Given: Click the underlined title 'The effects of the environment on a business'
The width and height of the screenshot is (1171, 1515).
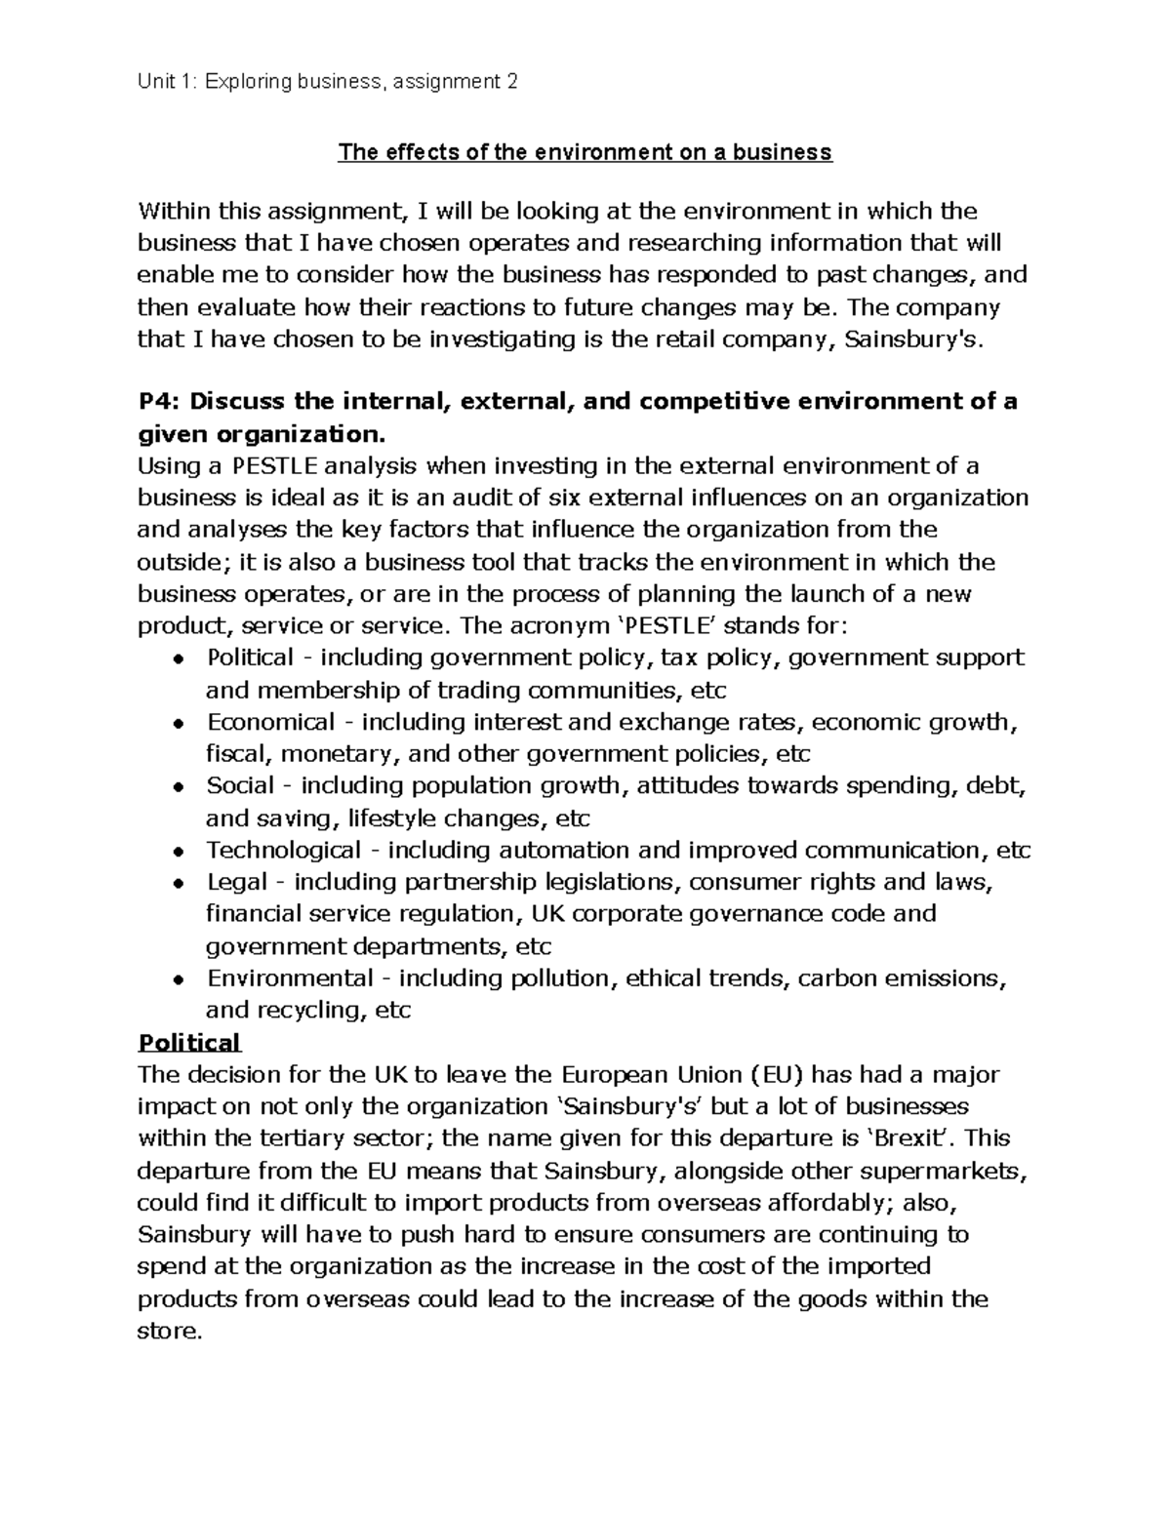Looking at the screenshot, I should [x=585, y=152].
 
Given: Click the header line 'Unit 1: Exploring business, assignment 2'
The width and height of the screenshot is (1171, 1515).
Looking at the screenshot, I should [x=328, y=82].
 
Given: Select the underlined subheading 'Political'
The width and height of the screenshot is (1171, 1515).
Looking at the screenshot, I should [x=188, y=1043].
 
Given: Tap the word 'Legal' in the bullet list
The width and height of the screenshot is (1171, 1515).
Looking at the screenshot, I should [x=236, y=882].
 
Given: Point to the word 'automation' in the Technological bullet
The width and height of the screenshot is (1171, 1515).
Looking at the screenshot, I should [x=569, y=850].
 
